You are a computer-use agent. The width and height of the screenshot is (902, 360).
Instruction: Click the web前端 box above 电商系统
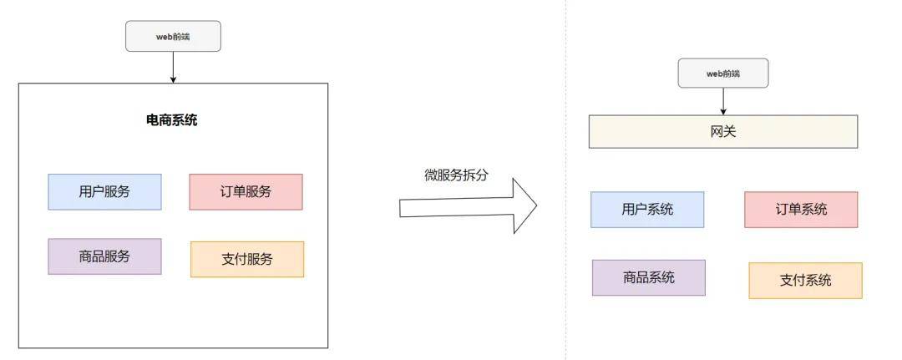[173, 36]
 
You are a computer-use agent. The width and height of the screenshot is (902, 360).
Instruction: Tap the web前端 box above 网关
[723, 73]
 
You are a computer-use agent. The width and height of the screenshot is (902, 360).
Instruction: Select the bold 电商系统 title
[172, 120]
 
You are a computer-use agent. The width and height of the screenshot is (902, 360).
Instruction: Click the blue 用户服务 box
[104, 192]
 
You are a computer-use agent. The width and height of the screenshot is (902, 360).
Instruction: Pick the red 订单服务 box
[246, 192]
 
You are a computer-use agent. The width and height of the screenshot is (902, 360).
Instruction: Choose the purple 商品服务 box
[104, 256]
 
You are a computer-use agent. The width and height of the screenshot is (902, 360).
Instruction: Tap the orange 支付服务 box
[247, 260]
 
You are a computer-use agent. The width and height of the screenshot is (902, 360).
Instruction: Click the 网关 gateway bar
[723, 132]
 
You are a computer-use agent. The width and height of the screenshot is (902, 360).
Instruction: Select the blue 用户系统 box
[647, 210]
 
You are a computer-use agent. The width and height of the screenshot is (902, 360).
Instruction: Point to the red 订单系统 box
[801, 210]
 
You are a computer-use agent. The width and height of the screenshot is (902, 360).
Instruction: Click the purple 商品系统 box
[649, 278]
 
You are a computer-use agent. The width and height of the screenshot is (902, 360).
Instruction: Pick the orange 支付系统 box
[805, 281]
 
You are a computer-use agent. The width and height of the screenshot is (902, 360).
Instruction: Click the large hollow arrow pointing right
[469, 205]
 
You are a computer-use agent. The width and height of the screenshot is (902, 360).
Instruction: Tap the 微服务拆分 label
[456, 175]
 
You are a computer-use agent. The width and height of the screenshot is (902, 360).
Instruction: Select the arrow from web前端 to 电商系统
[173, 68]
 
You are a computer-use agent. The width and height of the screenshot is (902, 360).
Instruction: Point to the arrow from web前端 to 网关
[723, 101]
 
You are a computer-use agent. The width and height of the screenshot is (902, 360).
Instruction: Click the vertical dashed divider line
[565, 180]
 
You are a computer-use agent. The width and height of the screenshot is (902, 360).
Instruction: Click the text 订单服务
[246, 192]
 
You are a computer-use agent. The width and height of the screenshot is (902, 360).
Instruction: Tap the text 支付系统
[805, 281]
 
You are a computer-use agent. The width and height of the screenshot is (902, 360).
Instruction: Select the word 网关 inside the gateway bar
[723, 132]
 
